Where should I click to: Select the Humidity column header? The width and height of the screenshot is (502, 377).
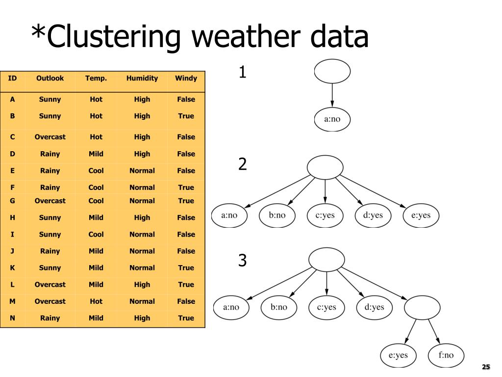[142, 78]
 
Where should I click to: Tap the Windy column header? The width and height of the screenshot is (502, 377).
[186, 78]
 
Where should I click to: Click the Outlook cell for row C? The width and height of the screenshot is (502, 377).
[50, 137]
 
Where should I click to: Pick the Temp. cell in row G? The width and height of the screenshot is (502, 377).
[96, 201]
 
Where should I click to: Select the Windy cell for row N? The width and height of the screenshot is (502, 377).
[186, 318]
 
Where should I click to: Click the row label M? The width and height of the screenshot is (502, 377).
[12, 301]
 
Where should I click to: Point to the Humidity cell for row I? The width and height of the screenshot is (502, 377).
[142, 234]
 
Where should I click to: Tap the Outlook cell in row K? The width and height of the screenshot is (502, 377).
[50, 268]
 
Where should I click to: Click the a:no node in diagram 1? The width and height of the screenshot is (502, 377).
[332, 119]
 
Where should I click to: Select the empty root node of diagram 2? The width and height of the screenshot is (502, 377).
[325, 167]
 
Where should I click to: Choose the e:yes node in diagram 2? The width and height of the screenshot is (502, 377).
[421, 215]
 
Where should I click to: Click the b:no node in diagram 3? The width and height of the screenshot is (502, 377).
[278, 307]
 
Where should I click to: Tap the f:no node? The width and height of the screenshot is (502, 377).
[446, 355]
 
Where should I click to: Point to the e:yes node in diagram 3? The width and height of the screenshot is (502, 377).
[398, 355]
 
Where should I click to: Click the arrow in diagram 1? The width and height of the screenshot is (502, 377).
[332, 96]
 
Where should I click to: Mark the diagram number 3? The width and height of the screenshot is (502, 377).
[242, 261]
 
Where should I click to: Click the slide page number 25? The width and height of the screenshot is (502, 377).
[486, 367]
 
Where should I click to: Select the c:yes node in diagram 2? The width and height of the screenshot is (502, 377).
[325, 215]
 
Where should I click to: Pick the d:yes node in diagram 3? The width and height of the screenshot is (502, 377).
[375, 307]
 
